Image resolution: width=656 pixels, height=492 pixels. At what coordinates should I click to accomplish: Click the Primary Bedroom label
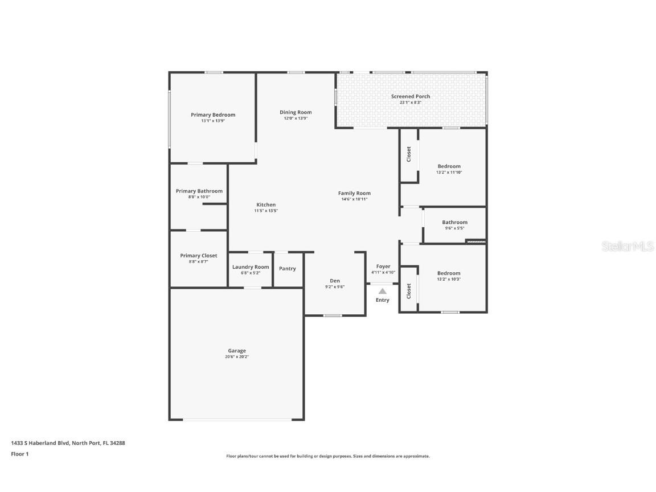(x=212, y=114)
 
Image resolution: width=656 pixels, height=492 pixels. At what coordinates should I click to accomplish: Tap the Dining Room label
(x=296, y=112)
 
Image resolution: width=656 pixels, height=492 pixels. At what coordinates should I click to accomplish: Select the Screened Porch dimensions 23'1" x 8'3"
(x=410, y=102)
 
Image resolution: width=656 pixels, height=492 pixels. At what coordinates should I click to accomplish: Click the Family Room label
(x=354, y=193)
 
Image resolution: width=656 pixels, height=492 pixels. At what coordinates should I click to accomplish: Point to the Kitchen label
(x=266, y=204)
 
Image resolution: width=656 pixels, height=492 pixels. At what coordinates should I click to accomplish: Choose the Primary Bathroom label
(x=199, y=191)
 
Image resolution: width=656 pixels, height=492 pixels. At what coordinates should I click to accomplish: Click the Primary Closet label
(x=198, y=256)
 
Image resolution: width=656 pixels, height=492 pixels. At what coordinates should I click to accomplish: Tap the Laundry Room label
(x=251, y=266)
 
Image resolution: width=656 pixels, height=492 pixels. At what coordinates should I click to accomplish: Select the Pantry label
(x=288, y=268)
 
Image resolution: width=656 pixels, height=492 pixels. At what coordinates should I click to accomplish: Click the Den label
(x=335, y=280)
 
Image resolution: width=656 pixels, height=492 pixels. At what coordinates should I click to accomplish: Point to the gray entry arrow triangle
(x=383, y=291)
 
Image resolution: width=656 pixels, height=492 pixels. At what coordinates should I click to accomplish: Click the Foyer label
(x=383, y=266)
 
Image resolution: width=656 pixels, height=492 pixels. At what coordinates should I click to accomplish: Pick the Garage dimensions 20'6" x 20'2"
(x=237, y=356)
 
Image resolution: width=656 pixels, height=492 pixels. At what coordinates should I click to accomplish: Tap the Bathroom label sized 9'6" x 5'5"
(x=454, y=222)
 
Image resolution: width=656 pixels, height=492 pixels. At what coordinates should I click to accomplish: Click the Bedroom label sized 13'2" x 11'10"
(x=449, y=166)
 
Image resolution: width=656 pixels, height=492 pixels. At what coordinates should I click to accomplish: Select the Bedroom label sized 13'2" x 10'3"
(x=449, y=273)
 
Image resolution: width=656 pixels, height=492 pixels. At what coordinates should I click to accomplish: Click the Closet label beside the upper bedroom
(x=408, y=154)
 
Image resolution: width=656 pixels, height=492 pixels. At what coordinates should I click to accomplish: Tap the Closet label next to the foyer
(x=408, y=291)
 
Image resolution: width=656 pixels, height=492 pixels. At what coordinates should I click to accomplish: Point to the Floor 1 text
(x=19, y=454)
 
